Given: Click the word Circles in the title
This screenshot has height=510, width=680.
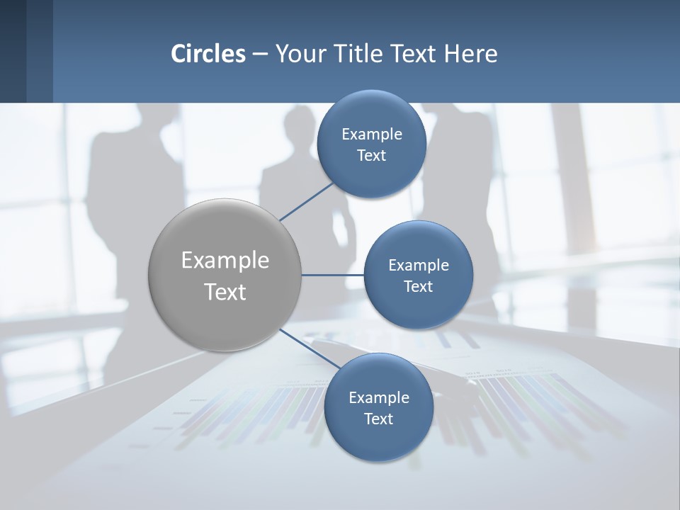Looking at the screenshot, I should (x=208, y=53).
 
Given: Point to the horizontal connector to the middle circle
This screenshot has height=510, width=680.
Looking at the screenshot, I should (x=332, y=275).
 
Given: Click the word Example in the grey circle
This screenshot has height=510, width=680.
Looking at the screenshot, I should (x=225, y=261).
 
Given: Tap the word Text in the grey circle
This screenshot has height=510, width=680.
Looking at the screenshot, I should (x=225, y=292).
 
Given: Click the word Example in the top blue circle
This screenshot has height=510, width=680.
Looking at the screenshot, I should (x=372, y=134).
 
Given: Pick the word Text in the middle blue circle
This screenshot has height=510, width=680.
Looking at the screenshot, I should (x=418, y=286).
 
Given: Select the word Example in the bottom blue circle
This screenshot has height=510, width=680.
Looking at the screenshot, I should (x=379, y=397).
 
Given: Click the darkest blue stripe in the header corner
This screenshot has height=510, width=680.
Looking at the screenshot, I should (x=13, y=51).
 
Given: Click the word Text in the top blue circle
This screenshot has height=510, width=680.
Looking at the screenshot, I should (x=371, y=155).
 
